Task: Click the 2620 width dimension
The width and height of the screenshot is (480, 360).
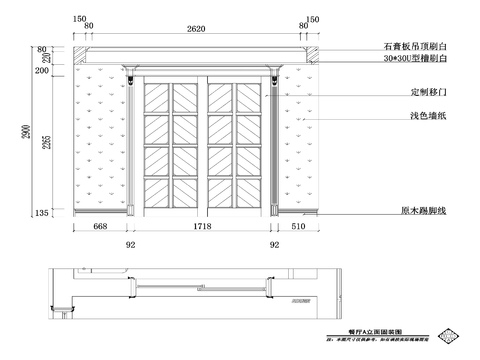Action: pyautogui.click(x=196, y=29)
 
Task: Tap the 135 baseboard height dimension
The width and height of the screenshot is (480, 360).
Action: pyautogui.click(x=42, y=214)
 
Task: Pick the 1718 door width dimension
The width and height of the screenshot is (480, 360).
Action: pyautogui.click(x=201, y=227)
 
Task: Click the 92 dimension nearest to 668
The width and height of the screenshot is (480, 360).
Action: pyautogui.click(x=130, y=243)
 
